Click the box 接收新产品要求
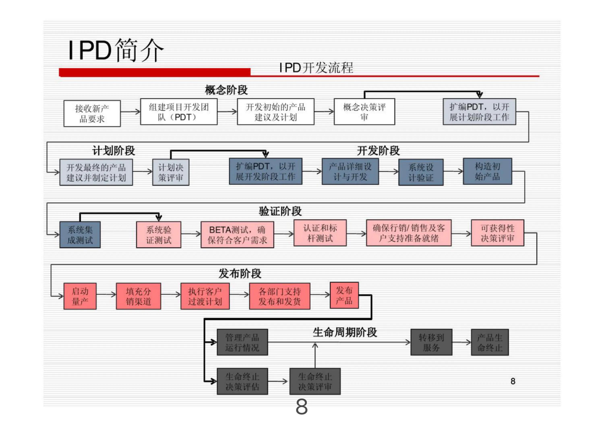pyautogui.click(x=92, y=113)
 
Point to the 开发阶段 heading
pyautogui.click(x=378, y=151)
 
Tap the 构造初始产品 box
pyautogui.click(x=487, y=171)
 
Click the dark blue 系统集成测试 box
pyautogui.click(x=80, y=234)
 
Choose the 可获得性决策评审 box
pyautogui.click(x=497, y=233)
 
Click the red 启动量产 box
pyautogui.click(x=80, y=296)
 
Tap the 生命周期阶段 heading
pyautogui.click(x=345, y=332)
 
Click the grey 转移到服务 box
pyautogui.click(x=431, y=342)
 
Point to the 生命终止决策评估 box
pyautogui.click(x=242, y=381)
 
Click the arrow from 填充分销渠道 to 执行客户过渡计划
pyautogui.click(x=171, y=294)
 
